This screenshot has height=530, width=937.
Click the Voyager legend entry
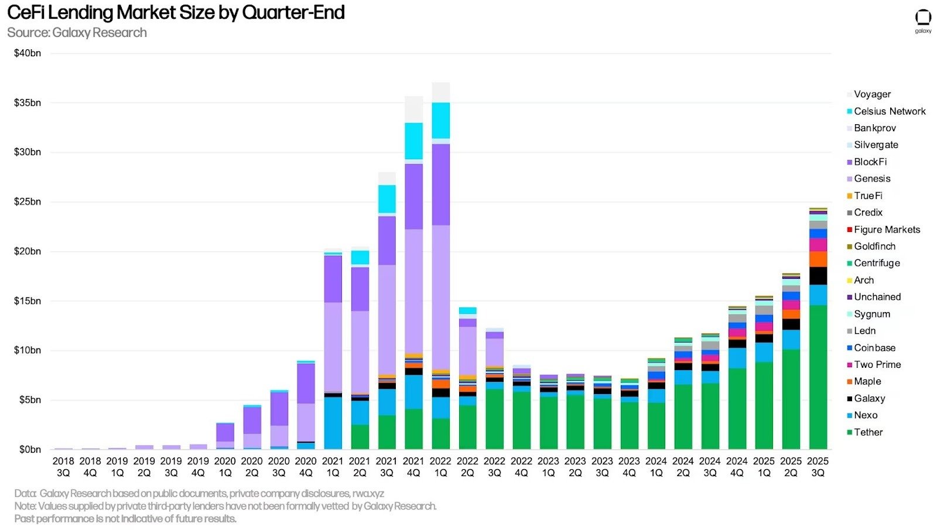pyautogui.click(x=869, y=94)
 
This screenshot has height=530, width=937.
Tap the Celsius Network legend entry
pyautogui.click(x=886, y=111)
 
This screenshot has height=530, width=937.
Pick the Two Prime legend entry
pyautogui.click(x=874, y=364)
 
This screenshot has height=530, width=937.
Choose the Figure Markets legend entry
pyautogui.click(x=884, y=229)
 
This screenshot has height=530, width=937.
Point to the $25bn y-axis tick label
pyautogui.click(x=28, y=201)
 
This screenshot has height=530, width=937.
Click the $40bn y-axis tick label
pyautogui.click(x=28, y=53)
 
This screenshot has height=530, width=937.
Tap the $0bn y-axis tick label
pyautogui.click(x=30, y=449)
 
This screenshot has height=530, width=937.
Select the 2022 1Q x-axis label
pyautogui.click(x=440, y=467)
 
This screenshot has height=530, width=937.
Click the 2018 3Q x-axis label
pyautogui.click(x=63, y=467)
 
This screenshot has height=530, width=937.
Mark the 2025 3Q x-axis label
pyautogui.click(x=818, y=467)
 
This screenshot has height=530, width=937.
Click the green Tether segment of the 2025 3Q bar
pyautogui.click(x=818, y=377)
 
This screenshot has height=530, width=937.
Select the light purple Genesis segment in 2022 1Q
pyautogui.click(x=441, y=298)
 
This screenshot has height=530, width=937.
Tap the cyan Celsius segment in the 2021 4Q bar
pyautogui.click(x=413, y=141)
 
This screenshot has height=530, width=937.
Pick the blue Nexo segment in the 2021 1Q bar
pyautogui.click(x=333, y=423)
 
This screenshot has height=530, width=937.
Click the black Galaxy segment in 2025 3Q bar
pyautogui.click(x=818, y=276)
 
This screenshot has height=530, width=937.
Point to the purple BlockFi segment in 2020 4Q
pyautogui.click(x=306, y=384)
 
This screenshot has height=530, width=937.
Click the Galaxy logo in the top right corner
pyautogui.click(x=923, y=21)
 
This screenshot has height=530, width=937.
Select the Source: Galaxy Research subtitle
pyautogui.click(x=77, y=33)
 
